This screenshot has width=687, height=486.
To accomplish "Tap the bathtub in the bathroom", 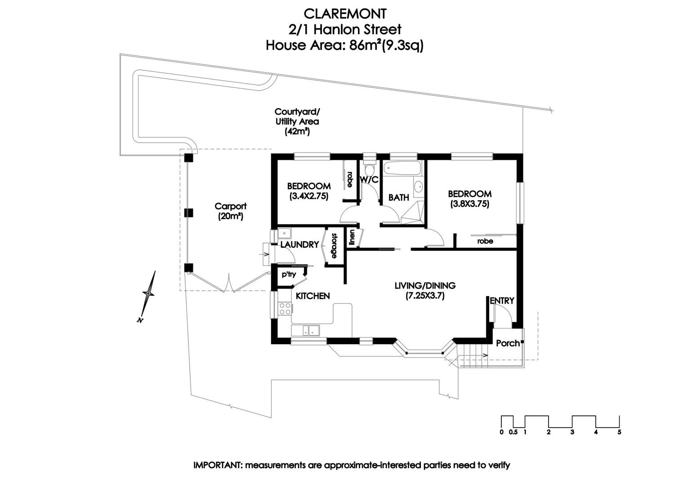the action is [x=403, y=168].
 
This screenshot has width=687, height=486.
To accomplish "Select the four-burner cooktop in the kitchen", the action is [x=285, y=309].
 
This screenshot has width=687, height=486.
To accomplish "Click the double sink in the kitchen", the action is [x=311, y=331].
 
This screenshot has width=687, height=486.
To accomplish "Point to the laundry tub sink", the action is [x=284, y=234].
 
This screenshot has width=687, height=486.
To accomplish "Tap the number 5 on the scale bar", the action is [x=619, y=432].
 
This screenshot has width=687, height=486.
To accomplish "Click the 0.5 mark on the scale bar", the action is [x=513, y=432].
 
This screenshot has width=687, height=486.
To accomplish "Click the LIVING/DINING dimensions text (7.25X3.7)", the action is [x=425, y=296].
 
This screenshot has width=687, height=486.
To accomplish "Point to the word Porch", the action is [x=508, y=343].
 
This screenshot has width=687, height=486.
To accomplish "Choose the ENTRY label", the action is [x=502, y=301].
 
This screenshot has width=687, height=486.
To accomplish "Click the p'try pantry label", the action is [x=289, y=274].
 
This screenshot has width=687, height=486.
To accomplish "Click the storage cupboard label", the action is [x=334, y=246].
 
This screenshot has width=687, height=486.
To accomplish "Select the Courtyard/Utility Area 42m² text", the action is [x=297, y=121].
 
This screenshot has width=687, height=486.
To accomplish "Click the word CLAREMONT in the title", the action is [x=345, y=14].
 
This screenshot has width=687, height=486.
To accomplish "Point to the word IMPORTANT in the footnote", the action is [x=218, y=465].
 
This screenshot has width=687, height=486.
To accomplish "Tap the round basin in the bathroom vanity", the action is [x=418, y=186].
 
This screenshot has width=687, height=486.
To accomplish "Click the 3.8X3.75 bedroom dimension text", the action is [x=469, y=204].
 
